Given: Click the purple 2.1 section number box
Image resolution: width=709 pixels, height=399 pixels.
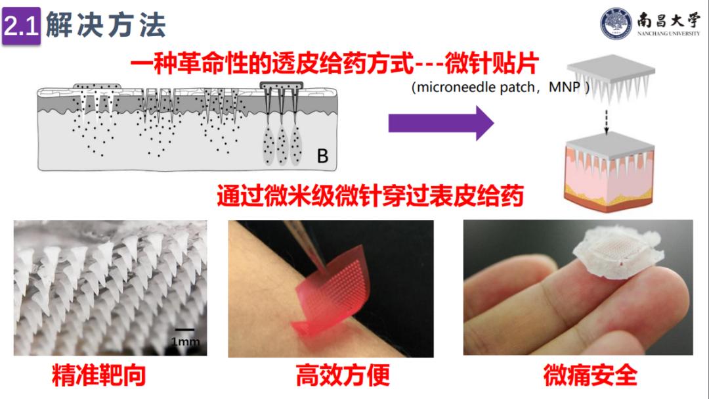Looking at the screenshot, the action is tap(21, 26).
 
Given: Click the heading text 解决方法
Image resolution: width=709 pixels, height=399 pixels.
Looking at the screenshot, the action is tap(106, 25).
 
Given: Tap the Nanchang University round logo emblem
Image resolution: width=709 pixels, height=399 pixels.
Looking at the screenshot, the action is tap(616, 24).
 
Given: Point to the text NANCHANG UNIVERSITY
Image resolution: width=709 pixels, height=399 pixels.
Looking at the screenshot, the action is tap(668, 34).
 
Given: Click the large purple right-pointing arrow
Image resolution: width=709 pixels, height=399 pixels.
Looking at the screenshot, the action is tap(441, 123).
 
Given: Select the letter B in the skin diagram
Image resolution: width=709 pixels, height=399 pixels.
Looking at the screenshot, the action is tap(322, 156).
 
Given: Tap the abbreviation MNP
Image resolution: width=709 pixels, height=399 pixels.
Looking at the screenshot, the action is tap(565, 87).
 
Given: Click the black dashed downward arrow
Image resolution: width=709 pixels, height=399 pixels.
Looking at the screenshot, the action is tap(607, 122).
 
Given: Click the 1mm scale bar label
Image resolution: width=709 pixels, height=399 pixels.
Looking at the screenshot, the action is tap(185, 341).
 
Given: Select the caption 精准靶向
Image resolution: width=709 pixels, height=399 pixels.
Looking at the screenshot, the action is tap(99, 375).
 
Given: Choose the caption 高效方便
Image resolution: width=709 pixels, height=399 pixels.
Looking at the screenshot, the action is tap(343, 375).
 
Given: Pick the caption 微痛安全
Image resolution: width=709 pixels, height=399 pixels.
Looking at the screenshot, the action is tap(590, 375).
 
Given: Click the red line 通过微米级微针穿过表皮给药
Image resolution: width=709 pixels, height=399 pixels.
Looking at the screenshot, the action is tap(370, 195).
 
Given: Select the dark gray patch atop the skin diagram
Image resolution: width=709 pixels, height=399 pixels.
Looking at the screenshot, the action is tap(281, 86).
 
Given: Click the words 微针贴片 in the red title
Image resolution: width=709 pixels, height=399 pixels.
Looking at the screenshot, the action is tap(492, 63).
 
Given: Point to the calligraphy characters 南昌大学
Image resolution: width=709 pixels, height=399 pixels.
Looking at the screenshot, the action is tap(668, 20).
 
